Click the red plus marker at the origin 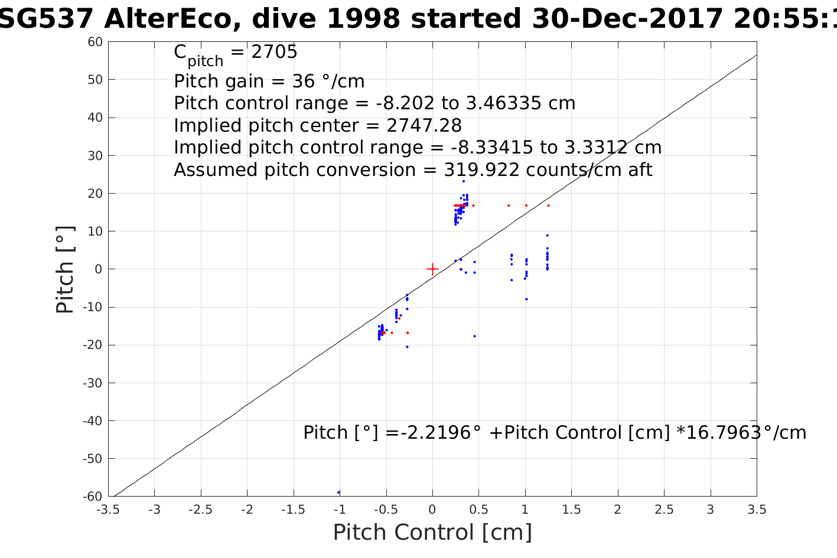tap(432, 269)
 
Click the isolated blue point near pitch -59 tap(338, 492)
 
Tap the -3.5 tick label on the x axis tap(108, 510)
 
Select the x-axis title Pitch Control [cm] tap(432, 533)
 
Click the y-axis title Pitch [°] tap(66, 269)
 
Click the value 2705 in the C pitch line tap(274, 52)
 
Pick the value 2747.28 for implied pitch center tap(424, 126)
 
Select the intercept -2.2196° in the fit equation tap(435, 433)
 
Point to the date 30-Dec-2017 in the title tap(628, 19)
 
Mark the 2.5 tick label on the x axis tap(664, 510)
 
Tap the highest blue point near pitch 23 tap(464, 181)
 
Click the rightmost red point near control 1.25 tap(548, 205)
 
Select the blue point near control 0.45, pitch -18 tap(474, 337)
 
